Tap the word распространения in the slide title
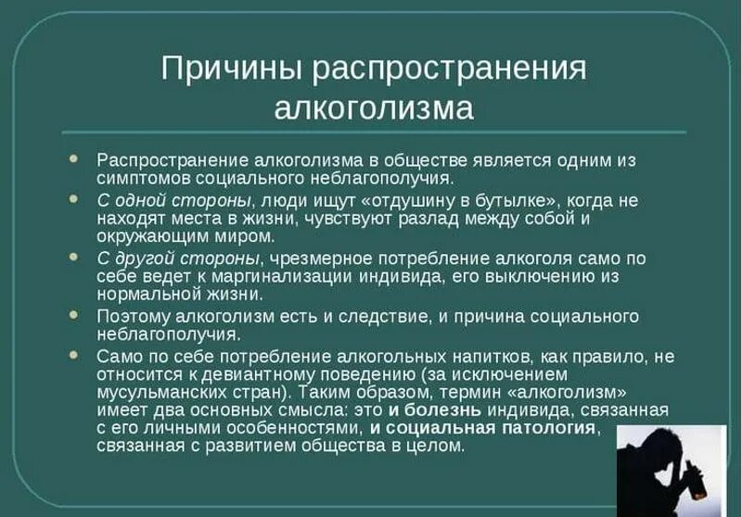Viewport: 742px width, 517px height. [449, 69]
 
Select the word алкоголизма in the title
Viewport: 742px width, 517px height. [374, 108]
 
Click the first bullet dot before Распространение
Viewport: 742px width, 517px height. [74, 158]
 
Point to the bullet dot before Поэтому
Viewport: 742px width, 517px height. [74, 315]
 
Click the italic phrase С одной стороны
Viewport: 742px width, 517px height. [173, 199]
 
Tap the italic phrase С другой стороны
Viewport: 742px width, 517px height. [177, 258]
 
